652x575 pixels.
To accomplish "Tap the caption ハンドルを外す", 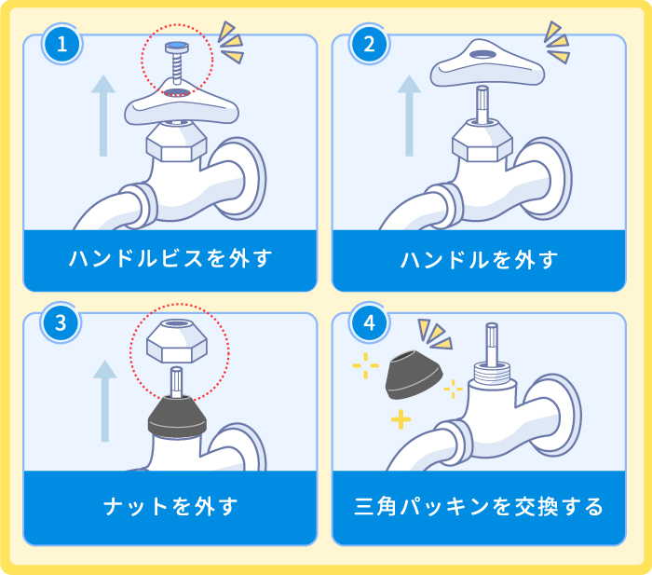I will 479,259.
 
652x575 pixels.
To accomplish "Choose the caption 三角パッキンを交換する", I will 479,507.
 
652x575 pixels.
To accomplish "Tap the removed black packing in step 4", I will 414,375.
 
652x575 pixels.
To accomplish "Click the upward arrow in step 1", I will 103,116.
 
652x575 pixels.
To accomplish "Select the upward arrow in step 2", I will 408,116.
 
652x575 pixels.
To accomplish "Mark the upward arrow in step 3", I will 105,399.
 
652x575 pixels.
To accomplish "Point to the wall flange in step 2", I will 557,172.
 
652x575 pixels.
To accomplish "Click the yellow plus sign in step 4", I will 401,420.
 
